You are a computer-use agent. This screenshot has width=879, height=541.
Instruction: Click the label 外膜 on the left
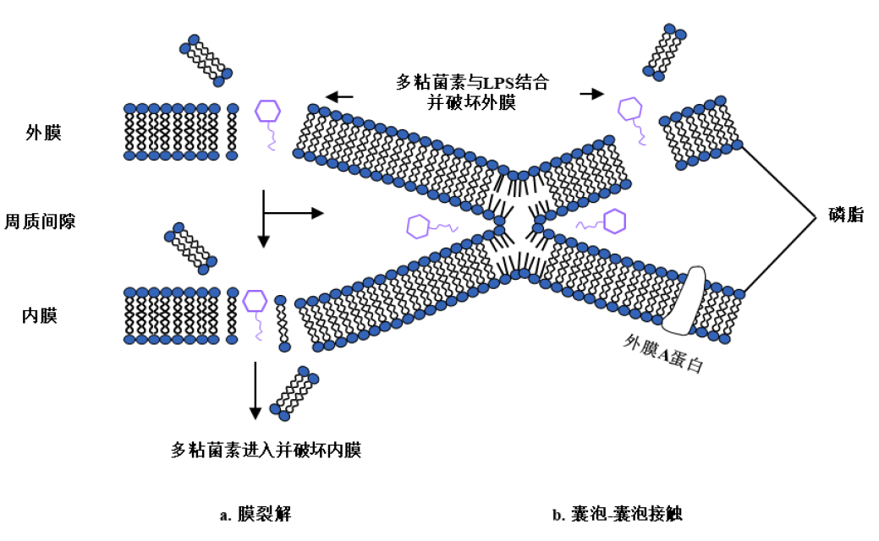point(44,134)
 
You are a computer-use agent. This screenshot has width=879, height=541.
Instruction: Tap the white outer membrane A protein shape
point(684,299)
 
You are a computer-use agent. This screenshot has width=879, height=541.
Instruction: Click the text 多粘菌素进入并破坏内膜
point(266,450)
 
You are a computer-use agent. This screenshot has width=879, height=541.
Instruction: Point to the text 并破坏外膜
point(474,103)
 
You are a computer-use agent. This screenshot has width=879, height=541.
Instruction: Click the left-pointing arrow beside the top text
point(340,96)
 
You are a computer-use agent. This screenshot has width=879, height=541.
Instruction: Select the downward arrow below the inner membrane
point(255,389)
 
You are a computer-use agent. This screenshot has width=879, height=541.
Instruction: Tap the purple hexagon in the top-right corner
point(630,109)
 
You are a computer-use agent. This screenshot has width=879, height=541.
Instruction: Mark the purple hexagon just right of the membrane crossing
point(614,221)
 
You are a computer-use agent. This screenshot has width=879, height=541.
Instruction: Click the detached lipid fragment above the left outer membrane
point(206,60)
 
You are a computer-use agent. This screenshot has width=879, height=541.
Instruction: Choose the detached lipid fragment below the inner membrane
point(294,392)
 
